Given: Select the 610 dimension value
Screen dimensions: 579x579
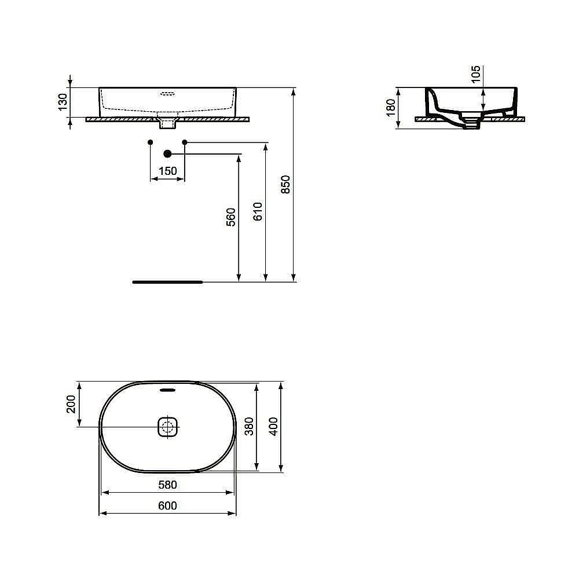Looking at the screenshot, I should point(258,211).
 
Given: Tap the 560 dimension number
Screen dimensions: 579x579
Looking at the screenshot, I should point(231,217).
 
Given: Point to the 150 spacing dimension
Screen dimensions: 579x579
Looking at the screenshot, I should point(167,171).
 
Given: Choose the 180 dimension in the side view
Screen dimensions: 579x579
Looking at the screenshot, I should point(390,107).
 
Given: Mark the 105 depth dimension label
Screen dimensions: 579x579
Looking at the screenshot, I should point(476,75).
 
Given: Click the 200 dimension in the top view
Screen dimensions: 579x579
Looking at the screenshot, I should point(71,404).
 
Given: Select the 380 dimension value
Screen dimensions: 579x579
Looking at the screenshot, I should point(248,426).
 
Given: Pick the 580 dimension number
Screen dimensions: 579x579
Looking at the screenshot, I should point(167,484).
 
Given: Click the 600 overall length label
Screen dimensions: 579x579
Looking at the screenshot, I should point(167,506).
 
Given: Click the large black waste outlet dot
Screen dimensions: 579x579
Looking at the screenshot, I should point(168,153).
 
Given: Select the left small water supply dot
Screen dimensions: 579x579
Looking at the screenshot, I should point(151,142).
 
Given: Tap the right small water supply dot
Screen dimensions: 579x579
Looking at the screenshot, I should point(185,142).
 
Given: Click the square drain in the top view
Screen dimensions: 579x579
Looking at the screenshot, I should point(168,428).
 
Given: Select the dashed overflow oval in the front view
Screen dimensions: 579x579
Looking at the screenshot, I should point(168,93).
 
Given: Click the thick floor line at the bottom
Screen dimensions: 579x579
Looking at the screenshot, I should point(167,282).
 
